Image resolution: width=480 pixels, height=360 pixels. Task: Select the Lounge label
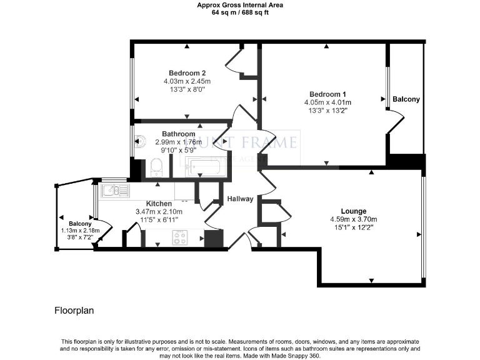pyautogui.click(x=354, y=211)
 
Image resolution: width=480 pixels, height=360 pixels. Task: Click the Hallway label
pyautogui.click(x=240, y=199)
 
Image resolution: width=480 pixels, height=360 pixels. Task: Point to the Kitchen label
pyautogui.click(x=159, y=204)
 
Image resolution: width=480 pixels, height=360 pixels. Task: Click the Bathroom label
pyautogui.click(x=179, y=134)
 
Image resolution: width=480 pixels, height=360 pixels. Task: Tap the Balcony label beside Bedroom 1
pyautogui.click(x=406, y=99)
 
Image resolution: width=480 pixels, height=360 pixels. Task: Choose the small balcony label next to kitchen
pyautogui.click(x=80, y=224)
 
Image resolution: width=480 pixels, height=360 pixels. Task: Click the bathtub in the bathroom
pyautogui.click(x=202, y=167)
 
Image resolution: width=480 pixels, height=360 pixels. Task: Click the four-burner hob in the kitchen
pyautogui.click(x=181, y=237)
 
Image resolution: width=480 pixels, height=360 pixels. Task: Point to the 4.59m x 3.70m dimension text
pyautogui.click(x=354, y=219)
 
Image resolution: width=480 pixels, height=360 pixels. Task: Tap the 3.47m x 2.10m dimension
pyautogui.click(x=158, y=212)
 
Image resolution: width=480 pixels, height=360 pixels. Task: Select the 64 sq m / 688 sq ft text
pyautogui.click(x=240, y=11)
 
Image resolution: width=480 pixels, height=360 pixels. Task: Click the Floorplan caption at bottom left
pyautogui.click(x=74, y=309)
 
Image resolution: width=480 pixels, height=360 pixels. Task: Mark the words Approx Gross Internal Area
pyautogui.click(x=240, y=4)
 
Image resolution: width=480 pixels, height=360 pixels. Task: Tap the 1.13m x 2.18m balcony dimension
pyautogui.click(x=80, y=231)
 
